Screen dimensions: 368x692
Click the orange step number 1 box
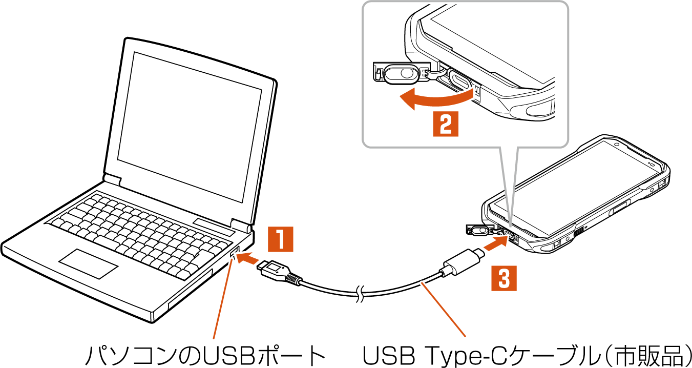[x=281, y=239]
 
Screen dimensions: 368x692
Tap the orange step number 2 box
[x=446, y=123]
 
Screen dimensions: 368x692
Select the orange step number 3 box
[x=504, y=279]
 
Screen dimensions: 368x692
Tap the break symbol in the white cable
[x=361, y=295]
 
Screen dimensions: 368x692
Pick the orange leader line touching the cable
[x=444, y=310]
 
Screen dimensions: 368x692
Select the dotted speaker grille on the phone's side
[x=580, y=232]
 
